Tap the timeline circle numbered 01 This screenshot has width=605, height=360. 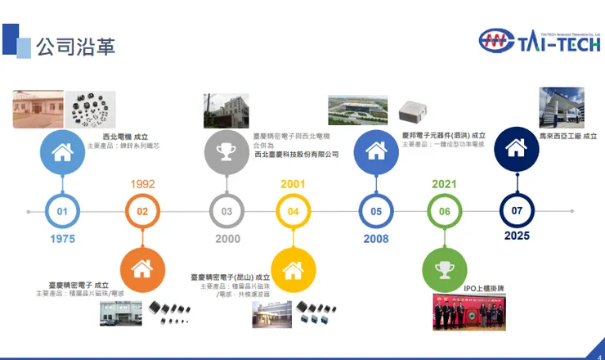tap(62, 211)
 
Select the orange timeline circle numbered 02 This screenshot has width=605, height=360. tap(142, 211)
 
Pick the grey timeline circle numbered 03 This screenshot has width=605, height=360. tap(226, 211)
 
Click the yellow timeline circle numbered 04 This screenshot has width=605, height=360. tap(293, 211)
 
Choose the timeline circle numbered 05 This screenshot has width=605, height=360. tap(375, 211)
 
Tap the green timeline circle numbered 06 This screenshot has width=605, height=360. tap(445, 211)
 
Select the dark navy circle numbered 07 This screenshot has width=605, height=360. tap(517, 210)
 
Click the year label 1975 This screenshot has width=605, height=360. tap(62, 239)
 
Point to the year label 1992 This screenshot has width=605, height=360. tap(142, 184)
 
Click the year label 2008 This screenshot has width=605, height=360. tap(375, 239)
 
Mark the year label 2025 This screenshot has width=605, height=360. tap(517, 236)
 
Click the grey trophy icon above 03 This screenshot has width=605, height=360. tap(226, 152)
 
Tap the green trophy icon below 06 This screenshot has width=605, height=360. tap(445, 268)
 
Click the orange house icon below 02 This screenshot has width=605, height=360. tap(142, 268)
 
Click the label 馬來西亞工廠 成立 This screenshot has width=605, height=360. tap(567, 136)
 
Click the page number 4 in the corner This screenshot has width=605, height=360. tap(598, 354)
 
